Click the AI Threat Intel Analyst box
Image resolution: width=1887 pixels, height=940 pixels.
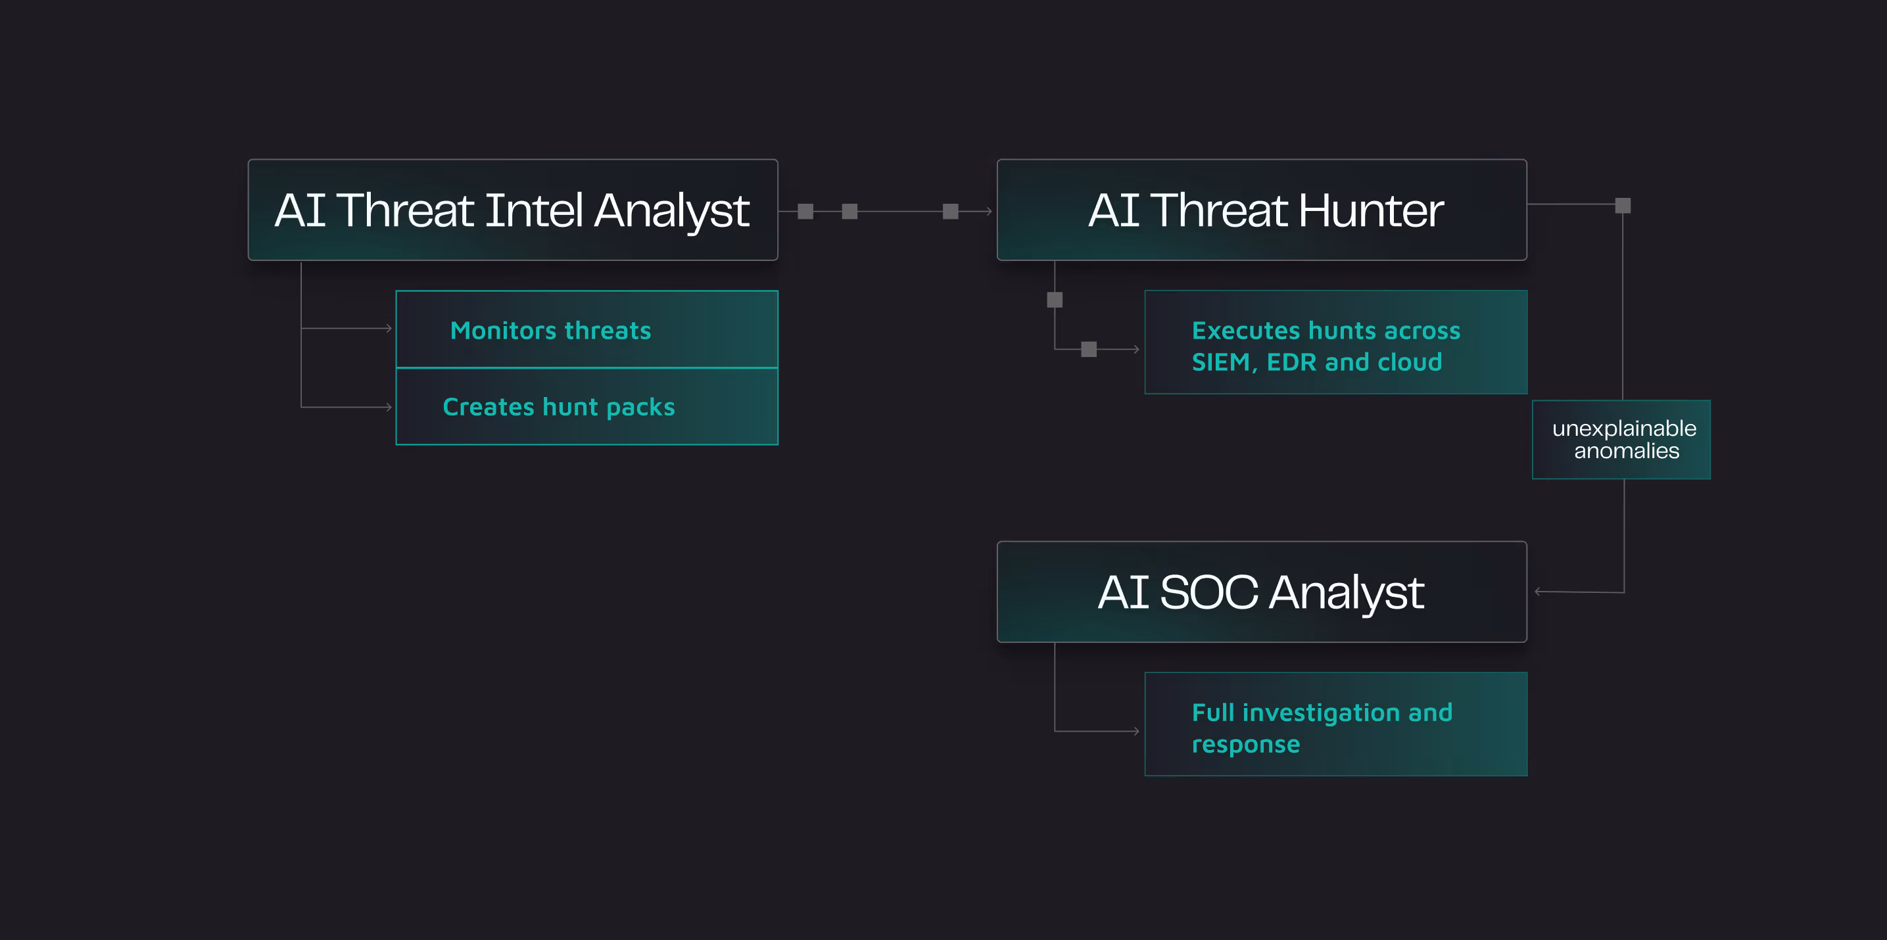point(513,210)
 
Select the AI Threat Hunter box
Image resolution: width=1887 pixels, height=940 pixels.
point(1262,210)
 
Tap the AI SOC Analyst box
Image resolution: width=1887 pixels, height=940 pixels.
point(1262,592)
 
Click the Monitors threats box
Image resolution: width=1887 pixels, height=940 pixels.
point(586,329)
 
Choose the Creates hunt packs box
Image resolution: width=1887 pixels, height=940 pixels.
point(586,407)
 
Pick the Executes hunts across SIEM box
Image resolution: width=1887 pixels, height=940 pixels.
point(1335,342)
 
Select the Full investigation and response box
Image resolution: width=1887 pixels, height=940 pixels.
point(1335,724)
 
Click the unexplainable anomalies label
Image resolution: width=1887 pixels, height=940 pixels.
point(1621,439)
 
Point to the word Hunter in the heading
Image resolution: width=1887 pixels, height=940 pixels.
point(1371,211)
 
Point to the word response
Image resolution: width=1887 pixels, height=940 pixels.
point(1245,745)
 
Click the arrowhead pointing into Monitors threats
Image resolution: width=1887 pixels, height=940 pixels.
point(389,329)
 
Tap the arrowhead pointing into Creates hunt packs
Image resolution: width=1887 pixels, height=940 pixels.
point(389,407)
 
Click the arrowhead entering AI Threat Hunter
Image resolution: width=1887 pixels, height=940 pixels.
point(989,212)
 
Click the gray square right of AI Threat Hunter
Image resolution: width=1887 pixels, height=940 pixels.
point(1623,206)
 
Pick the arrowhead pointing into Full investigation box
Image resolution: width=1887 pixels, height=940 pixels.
point(1136,730)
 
